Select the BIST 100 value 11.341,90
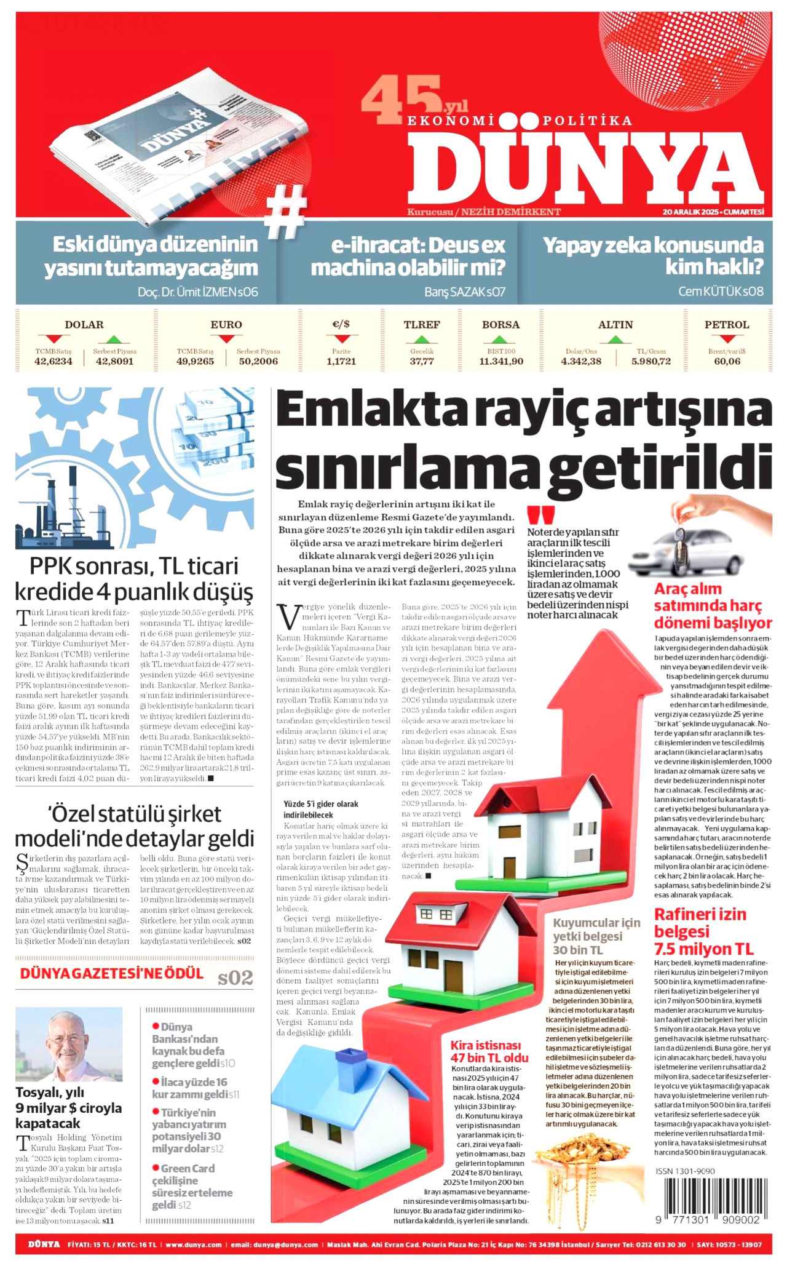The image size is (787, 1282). click(501, 362)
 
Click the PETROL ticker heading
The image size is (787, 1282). click(727, 325)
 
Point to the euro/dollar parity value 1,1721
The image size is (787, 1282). click(341, 362)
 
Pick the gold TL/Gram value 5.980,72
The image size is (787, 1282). click(651, 362)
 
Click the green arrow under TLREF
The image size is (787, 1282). click(422, 340)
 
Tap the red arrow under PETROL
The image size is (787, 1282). click(727, 340)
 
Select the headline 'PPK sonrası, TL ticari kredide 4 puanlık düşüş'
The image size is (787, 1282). click(134, 579)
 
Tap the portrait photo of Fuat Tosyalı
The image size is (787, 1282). click(69, 1044)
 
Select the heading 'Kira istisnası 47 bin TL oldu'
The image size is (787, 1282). click(489, 1051)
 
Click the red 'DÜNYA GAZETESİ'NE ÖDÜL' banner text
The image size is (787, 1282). click(111, 974)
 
